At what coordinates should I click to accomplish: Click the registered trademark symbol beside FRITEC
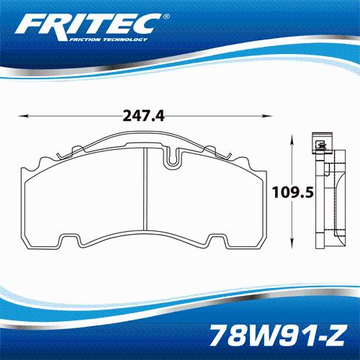pos(166,17)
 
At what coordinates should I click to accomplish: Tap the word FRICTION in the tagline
pos(84,40)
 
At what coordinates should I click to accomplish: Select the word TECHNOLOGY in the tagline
pos(125,40)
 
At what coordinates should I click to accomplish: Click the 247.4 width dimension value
pos(143,116)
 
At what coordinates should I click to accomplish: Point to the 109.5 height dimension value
pos(293,192)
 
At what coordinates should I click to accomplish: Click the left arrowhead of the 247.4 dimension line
pos(24,116)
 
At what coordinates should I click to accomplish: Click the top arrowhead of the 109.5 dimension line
pos(292,140)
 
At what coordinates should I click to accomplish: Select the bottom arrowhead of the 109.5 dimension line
pos(292,243)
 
